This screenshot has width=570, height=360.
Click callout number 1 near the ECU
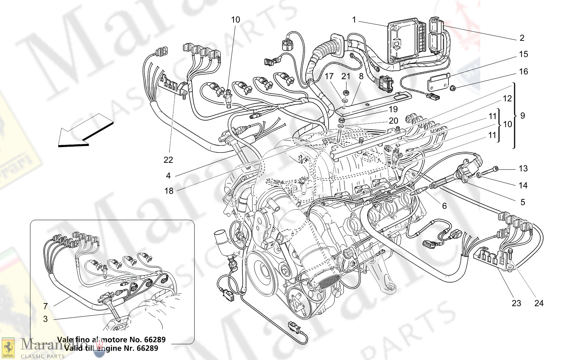click(354, 20)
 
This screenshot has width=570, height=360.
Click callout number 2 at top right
click(522, 38)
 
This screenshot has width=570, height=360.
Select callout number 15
click(524, 54)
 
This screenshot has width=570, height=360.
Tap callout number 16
click(524, 72)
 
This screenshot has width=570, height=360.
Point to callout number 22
click(168, 160)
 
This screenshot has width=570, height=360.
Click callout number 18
click(169, 191)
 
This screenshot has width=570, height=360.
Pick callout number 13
click(523, 169)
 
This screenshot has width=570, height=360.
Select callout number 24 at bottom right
click(539, 303)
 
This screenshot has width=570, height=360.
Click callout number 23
click(516, 303)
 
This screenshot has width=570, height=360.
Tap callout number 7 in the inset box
click(45, 306)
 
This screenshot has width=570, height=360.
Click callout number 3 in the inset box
click(45, 319)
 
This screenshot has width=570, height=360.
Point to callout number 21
click(346, 76)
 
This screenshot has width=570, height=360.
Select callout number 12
click(507, 98)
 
